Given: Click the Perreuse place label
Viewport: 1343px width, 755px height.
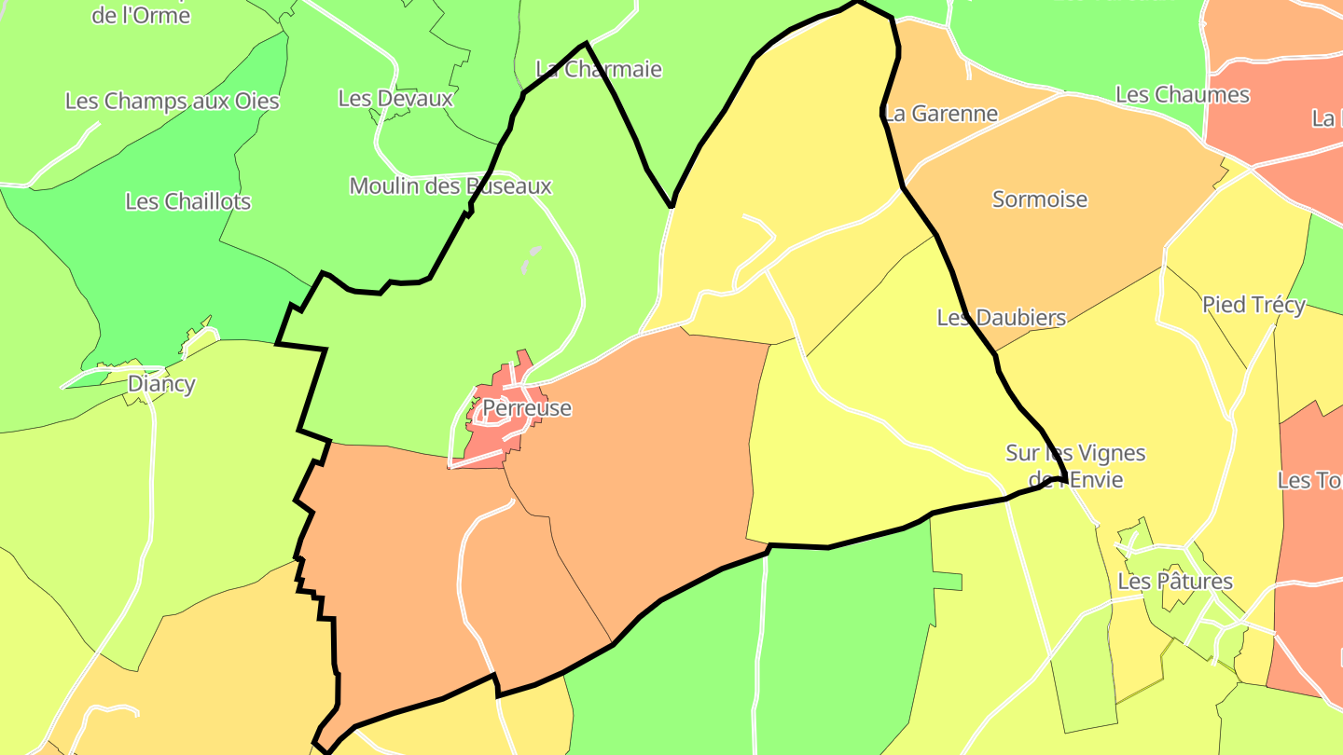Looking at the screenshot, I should click(526, 408).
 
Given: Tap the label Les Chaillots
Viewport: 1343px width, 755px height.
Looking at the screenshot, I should click(187, 201).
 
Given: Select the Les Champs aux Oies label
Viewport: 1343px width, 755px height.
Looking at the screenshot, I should click(172, 102).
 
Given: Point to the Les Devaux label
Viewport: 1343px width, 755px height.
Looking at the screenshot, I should click(395, 98).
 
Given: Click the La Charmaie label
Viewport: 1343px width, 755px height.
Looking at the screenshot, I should click(599, 69).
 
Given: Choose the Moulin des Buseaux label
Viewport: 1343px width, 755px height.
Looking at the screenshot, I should click(450, 186).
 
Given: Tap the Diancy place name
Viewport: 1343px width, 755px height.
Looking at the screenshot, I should click(161, 383).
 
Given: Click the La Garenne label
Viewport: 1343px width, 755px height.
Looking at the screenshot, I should click(940, 114).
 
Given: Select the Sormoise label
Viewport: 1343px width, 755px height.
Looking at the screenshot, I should click(1040, 199).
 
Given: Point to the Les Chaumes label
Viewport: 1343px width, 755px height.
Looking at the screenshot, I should click(1182, 95).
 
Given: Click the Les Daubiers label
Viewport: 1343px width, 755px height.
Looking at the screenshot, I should click(1001, 318).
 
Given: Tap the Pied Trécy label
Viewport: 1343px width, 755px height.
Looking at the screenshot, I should click(1253, 305).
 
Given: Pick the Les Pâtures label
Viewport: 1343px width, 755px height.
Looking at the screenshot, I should click(1174, 582).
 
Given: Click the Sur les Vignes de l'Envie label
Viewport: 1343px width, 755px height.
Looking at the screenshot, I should click(1075, 466).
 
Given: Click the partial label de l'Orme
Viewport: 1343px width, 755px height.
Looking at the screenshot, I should click(141, 15).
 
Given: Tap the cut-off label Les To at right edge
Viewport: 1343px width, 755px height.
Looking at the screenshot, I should click(1309, 481).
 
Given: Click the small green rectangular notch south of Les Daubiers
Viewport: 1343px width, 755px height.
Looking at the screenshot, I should click(947, 581).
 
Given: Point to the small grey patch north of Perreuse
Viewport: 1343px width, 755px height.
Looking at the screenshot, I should click(532, 258).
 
